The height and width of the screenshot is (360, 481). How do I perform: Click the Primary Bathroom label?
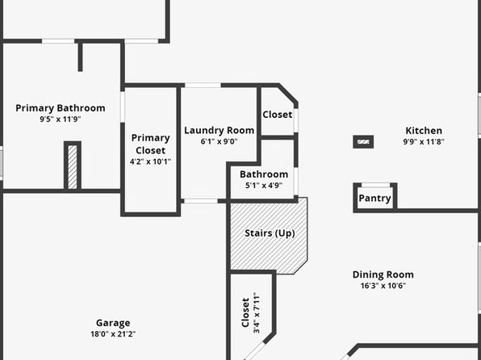pyautogui.click(x=61, y=108)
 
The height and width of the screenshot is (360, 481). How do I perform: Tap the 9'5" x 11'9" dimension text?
pyautogui.click(x=60, y=119)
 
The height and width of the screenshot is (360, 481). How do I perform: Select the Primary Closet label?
pyautogui.click(x=151, y=144)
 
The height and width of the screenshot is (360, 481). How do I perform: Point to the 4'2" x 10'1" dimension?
pyautogui.click(x=150, y=161)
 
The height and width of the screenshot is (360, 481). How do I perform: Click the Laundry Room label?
pyautogui.click(x=219, y=131)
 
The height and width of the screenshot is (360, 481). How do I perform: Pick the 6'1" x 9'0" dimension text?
pyautogui.click(x=219, y=141)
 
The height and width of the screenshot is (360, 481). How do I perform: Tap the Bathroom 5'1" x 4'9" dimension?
pyautogui.click(x=264, y=186)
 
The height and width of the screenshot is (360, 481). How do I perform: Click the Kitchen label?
pyautogui.click(x=424, y=131)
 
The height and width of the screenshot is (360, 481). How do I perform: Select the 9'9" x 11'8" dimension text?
pyautogui.click(x=424, y=141)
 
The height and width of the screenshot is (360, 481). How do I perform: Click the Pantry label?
pyautogui.click(x=374, y=199)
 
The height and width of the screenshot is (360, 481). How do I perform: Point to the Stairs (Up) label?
pyautogui.click(x=270, y=233)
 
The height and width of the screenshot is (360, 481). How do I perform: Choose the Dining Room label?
pyautogui.click(x=383, y=274)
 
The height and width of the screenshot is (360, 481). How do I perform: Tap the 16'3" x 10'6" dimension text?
pyautogui.click(x=383, y=286)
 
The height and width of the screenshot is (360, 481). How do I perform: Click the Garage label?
pyautogui.click(x=113, y=323)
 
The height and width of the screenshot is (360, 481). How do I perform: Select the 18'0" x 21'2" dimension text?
pyautogui.click(x=113, y=334)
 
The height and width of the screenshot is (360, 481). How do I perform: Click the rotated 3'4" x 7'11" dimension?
pyautogui.click(x=257, y=312)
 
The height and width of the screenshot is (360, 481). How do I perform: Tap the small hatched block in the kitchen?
pyautogui.click(x=363, y=142)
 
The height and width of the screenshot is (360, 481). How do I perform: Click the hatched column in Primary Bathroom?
pyautogui.click(x=73, y=165)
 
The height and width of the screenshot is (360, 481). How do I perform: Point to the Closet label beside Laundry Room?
pyautogui.click(x=278, y=115)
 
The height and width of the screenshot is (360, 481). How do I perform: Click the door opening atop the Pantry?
pyautogui.click(x=375, y=185)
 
